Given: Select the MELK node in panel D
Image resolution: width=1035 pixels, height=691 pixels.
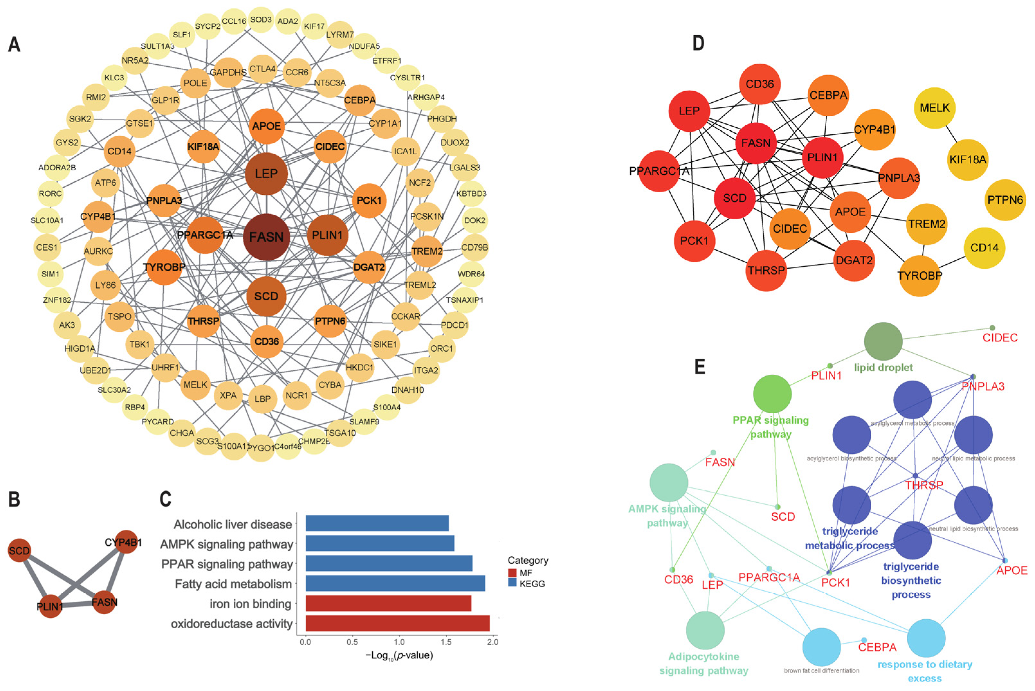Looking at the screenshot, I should click(x=934, y=108).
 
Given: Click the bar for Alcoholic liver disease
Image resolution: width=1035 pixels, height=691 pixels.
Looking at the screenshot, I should click(x=377, y=523).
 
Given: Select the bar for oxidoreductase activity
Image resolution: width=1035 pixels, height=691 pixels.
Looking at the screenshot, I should click(x=397, y=623).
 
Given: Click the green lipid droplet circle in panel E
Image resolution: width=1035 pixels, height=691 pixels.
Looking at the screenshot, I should click(x=883, y=341).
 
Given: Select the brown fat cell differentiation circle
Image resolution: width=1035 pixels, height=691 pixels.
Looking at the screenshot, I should click(x=821, y=647).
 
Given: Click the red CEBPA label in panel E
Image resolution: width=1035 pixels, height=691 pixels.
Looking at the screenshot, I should click(x=877, y=647).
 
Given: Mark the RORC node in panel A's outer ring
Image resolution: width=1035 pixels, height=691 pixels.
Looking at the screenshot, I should click(x=50, y=193).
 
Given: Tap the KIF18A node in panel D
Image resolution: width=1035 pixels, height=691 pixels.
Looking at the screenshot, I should click(x=967, y=159).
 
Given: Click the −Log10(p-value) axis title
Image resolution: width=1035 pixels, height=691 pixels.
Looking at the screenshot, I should click(x=399, y=655).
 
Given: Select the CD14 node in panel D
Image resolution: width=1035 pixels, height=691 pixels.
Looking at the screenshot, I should click(x=984, y=248).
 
